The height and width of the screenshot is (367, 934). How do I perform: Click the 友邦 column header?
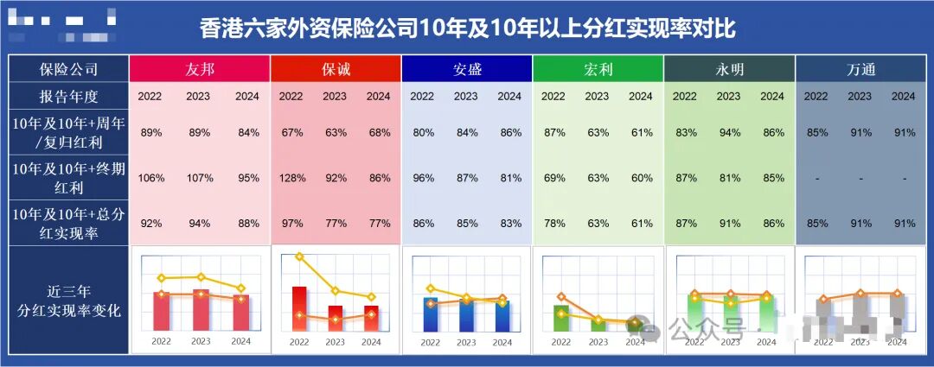(x=200, y=69)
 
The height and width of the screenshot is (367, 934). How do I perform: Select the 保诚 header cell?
(x=336, y=69)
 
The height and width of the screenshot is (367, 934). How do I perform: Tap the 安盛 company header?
(x=467, y=69)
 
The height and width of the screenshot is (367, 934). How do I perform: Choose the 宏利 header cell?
(x=598, y=69)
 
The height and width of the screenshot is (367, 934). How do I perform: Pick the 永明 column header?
(x=729, y=69)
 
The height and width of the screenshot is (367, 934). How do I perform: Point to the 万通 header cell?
(x=860, y=69)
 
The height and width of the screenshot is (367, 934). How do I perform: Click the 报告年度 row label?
(x=68, y=96)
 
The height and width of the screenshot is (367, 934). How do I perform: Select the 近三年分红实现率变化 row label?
(x=68, y=301)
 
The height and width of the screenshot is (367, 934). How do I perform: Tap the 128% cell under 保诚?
(x=291, y=178)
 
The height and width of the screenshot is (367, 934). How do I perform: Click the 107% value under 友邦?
(x=201, y=178)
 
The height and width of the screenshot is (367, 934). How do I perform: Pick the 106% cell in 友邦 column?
(x=151, y=178)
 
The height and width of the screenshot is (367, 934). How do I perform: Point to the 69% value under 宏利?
(x=554, y=178)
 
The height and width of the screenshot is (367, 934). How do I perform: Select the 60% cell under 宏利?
(x=641, y=178)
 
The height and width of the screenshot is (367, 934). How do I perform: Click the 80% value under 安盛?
(x=423, y=133)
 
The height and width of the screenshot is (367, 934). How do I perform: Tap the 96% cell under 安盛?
(x=423, y=178)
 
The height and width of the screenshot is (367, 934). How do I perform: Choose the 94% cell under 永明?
(x=729, y=133)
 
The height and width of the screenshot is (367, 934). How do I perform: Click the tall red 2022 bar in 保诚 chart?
(x=299, y=308)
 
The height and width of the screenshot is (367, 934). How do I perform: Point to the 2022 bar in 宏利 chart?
(x=561, y=318)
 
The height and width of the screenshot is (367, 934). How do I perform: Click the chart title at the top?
(x=467, y=28)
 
